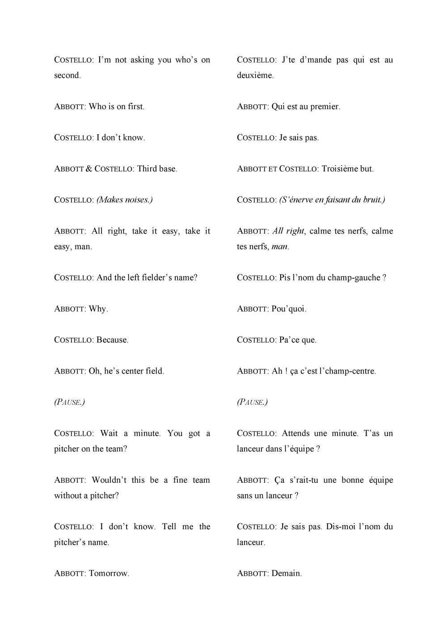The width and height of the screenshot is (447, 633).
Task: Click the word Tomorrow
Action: click(x=109, y=574)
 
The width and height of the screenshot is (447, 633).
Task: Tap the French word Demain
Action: click(x=287, y=574)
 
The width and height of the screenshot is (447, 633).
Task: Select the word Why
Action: click(x=98, y=309)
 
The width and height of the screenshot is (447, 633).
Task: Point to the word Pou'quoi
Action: click(x=289, y=309)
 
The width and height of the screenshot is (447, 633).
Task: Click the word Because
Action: click(x=112, y=340)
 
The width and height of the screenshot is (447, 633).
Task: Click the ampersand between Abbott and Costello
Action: click(x=89, y=169)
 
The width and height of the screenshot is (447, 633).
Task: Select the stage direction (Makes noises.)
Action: click(x=124, y=200)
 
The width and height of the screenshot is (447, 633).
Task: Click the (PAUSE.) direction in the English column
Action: click(x=69, y=402)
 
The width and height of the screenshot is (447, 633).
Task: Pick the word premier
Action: click(x=325, y=107)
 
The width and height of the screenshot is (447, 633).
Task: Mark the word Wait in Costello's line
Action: click(x=109, y=433)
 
